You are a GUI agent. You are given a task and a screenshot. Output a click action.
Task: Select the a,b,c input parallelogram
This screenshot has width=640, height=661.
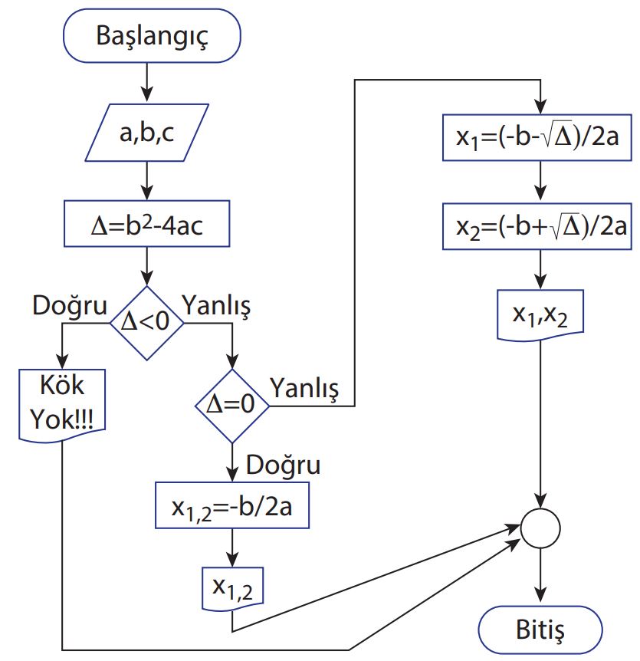[x=146, y=134]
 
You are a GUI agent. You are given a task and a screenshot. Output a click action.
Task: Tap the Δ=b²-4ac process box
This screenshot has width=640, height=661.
[x=146, y=226]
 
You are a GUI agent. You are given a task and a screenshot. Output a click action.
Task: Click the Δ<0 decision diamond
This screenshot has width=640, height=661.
[x=146, y=322]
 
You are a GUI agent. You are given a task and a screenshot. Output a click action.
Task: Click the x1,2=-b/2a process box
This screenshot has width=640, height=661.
[x=232, y=505]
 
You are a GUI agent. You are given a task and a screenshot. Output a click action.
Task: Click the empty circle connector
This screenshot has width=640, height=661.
[x=540, y=529]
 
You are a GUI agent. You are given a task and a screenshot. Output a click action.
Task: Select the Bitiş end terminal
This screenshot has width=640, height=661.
[x=540, y=631]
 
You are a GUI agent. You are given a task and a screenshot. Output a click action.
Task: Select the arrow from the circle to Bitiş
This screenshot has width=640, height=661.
[x=540, y=576]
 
